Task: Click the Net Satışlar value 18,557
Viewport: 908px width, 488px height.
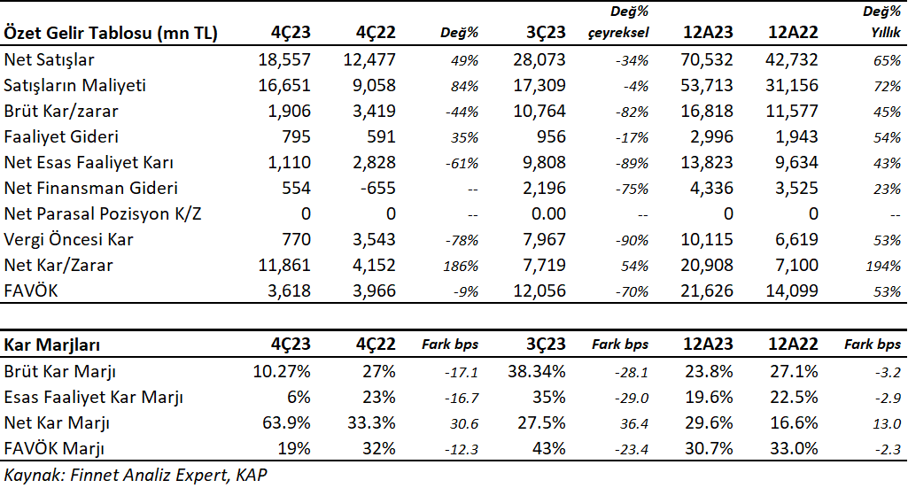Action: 284,59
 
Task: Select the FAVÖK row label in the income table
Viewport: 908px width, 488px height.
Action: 31,290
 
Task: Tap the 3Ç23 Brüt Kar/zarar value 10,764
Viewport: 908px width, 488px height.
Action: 539,111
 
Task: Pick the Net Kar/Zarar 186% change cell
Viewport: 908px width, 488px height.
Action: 461,266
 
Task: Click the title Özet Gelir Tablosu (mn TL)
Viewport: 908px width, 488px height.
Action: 111,33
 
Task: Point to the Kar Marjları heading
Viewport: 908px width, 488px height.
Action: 51,345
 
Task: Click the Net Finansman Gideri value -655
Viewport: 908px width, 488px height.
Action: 374,188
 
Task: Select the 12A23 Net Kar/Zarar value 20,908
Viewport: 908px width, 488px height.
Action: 707,265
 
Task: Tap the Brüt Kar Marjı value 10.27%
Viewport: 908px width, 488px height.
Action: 282,371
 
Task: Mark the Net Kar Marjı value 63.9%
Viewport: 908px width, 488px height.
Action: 286,422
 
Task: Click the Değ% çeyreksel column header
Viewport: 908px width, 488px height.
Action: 617,22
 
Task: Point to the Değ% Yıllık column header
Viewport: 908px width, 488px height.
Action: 881,22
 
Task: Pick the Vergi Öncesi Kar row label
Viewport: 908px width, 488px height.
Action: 68,240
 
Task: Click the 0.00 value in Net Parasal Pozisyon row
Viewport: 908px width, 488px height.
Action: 548,213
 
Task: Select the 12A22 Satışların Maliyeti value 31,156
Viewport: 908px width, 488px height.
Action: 792,86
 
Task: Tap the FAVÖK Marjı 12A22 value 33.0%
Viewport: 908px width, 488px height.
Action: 794,448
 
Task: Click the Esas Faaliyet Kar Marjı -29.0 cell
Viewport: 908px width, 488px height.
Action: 632,399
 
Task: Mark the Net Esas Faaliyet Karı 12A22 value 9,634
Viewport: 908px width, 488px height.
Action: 796,163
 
